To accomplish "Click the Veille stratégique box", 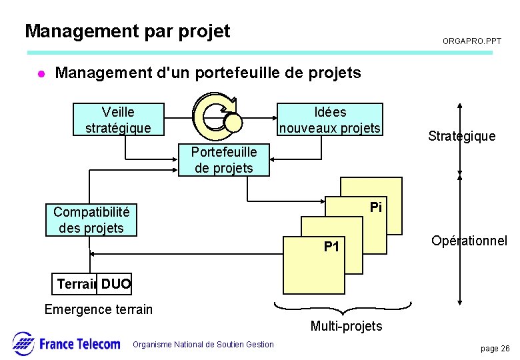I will tap(118, 119).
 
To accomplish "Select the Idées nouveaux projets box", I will tap(331, 119).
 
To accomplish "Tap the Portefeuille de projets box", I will tap(224, 160).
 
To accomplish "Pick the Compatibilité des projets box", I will tap(91, 220).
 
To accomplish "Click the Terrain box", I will tap(75, 284).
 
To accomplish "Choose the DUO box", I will tap(115, 284).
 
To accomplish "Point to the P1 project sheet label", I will tap(331, 247).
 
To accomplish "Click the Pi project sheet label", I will tap(376, 207).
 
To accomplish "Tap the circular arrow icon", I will tap(215, 115).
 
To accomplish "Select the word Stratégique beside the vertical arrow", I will tap(462, 136).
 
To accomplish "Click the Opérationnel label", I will tap(469, 241).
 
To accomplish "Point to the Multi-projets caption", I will tap(346, 326).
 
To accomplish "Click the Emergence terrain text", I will tap(98, 309).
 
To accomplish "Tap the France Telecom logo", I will tap(66, 343).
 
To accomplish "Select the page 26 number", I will tap(495, 349).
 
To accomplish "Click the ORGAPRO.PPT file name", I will tap(472, 41).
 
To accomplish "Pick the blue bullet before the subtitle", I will tap(40, 73).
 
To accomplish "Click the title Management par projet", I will tap(127, 31).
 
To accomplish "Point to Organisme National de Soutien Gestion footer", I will tap(203, 345).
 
